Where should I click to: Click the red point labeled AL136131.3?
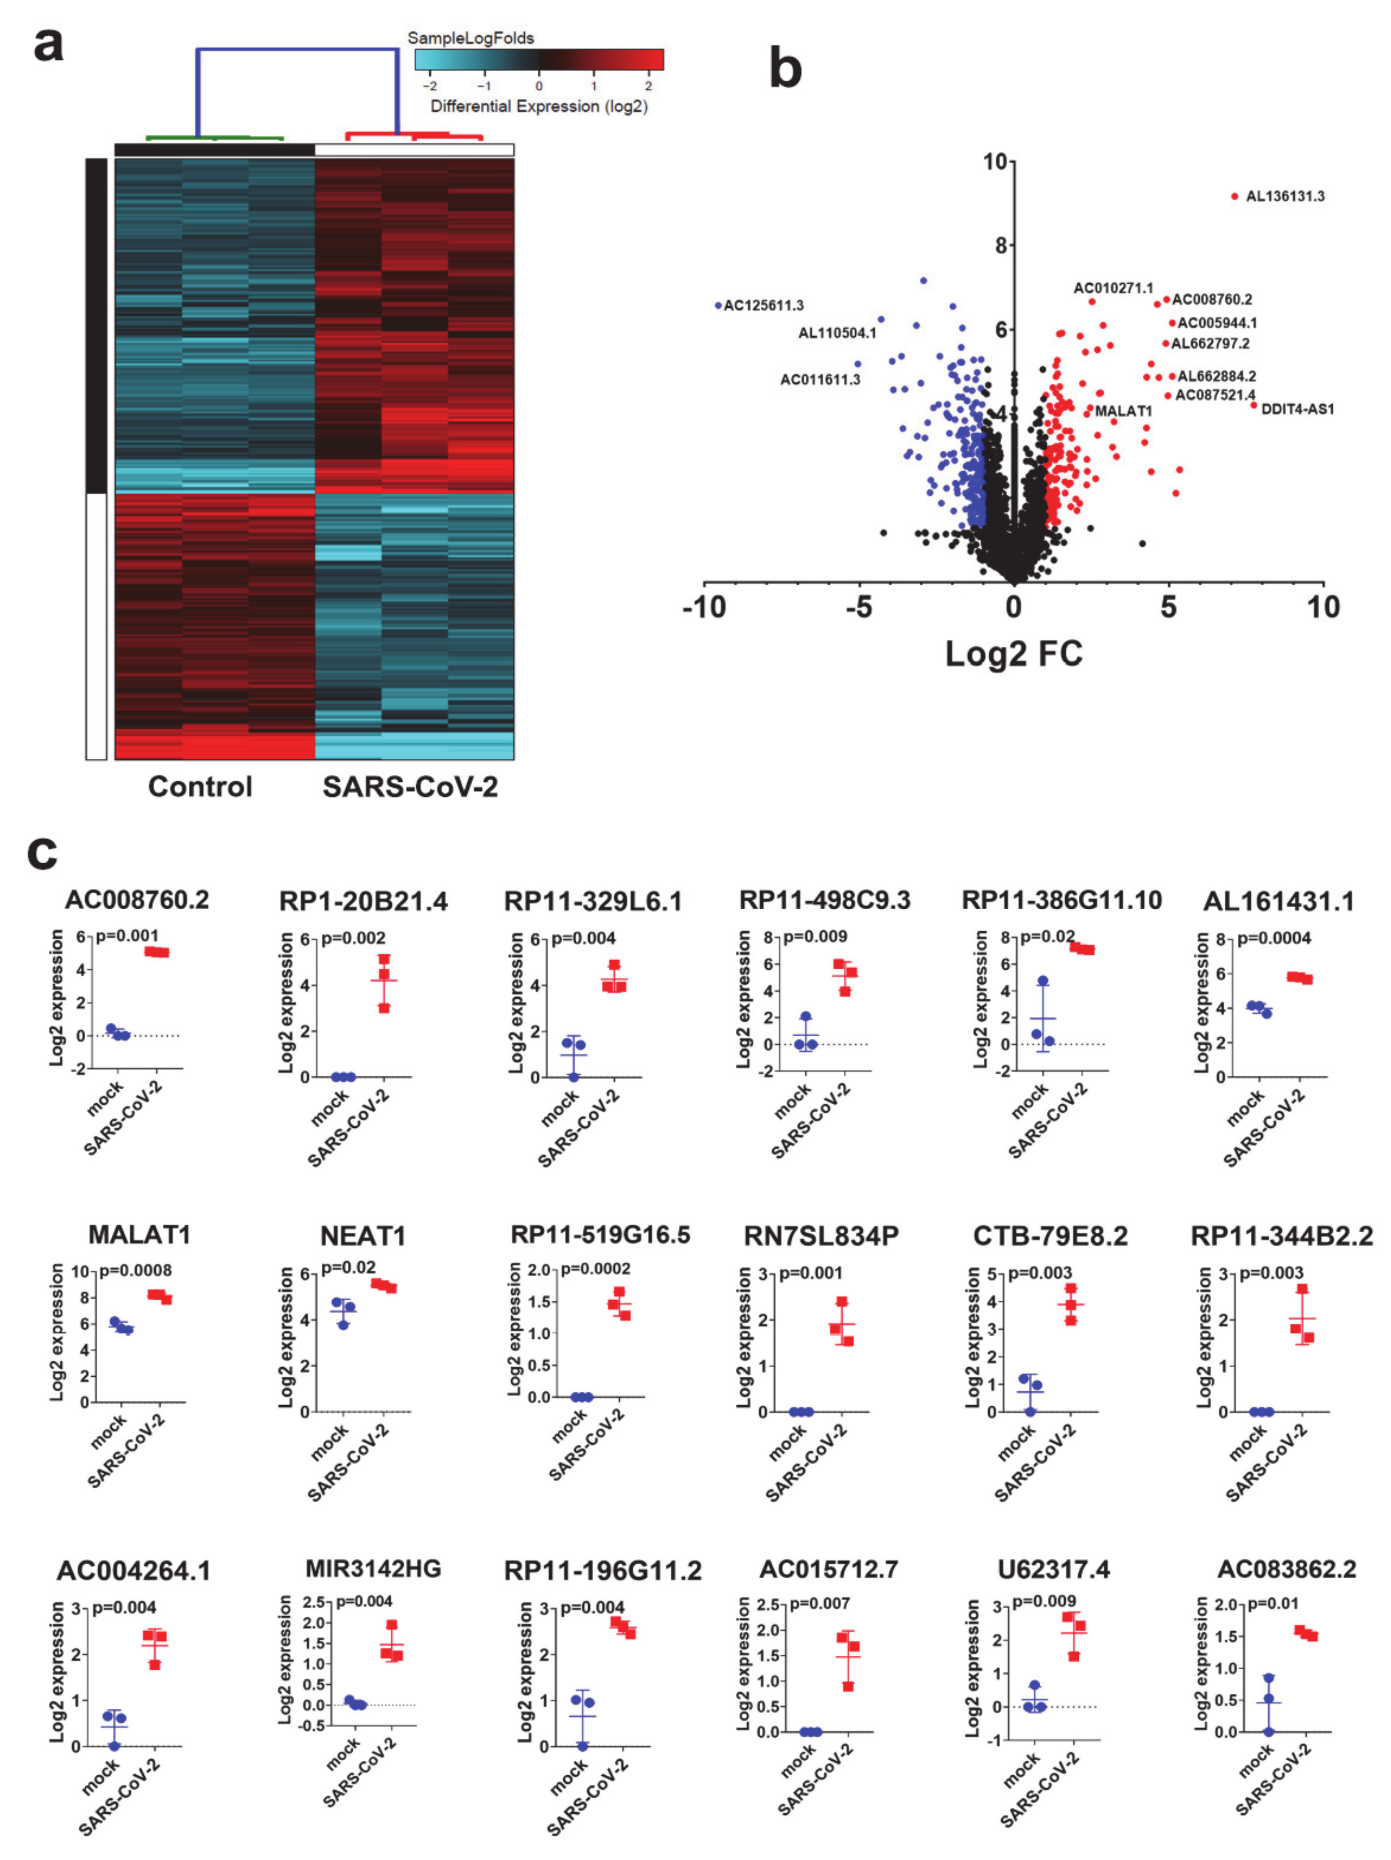[x=1234, y=196]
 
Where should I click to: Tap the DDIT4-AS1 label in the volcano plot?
[x=1297, y=409]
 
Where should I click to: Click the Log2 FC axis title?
[x=1013, y=653]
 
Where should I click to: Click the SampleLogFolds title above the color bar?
[x=470, y=38]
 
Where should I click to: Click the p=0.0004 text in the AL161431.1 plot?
[x=1273, y=937]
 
